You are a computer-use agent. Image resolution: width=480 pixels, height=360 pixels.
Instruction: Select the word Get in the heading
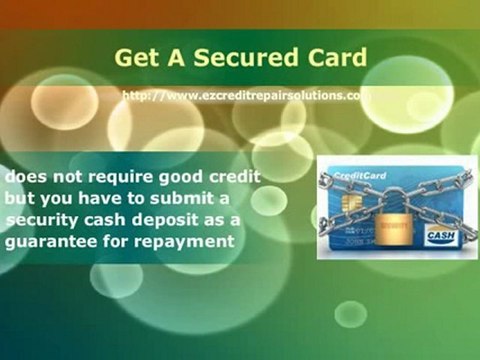(134, 56)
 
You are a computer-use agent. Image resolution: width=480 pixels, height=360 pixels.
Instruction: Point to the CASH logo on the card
(440, 236)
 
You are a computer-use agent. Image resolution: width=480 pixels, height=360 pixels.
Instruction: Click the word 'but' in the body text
(19, 199)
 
